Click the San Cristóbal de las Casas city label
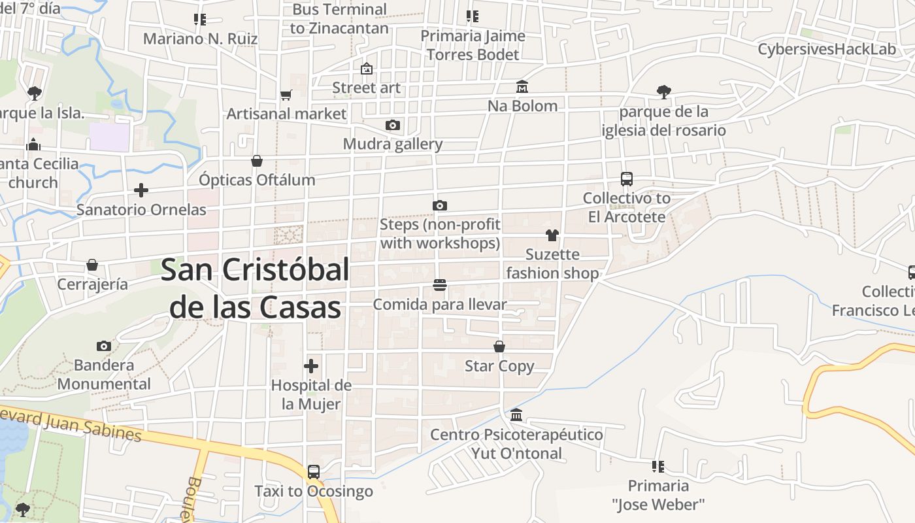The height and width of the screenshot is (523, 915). (x=255, y=288)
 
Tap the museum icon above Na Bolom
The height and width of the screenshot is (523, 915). (x=522, y=86)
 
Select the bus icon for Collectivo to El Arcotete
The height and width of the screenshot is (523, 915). (x=627, y=178)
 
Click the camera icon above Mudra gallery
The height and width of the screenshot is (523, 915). (x=393, y=125)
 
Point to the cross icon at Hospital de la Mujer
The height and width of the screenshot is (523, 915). (x=311, y=366)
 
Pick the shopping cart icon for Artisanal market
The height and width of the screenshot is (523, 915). (x=286, y=95)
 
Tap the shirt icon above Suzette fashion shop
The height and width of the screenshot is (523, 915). (x=552, y=235)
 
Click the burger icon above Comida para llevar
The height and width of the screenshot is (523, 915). (x=440, y=285)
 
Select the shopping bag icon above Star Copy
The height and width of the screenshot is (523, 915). (x=499, y=346)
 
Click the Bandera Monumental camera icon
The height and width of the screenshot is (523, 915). (x=104, y=346)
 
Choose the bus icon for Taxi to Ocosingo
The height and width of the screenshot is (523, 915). (x=314, y=471)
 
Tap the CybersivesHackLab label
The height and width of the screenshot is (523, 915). (x=827, y=49)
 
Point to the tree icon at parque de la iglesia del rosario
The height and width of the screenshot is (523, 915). (x=664, y=92)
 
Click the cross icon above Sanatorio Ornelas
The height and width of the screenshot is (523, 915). (x=141, y=190)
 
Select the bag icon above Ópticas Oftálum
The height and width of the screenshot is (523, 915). (x=257, y=161)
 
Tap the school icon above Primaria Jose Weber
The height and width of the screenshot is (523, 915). (x=658, y=466)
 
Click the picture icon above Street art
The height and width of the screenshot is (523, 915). (x=367, y=68)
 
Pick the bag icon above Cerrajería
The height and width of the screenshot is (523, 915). (x=92, y=265)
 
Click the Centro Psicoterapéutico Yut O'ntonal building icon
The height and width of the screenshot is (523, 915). (x=516, y=415)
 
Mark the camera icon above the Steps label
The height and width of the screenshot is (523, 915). (x=440, y=205)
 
